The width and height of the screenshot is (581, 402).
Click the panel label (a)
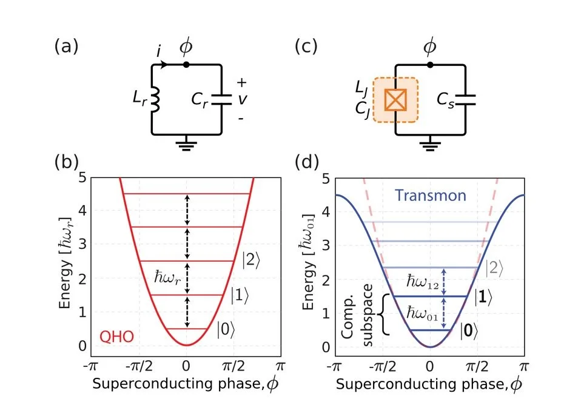[66, 47]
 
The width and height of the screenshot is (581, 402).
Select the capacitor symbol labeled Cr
[221, 99]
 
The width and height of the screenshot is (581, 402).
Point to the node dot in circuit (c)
[430, 64]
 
